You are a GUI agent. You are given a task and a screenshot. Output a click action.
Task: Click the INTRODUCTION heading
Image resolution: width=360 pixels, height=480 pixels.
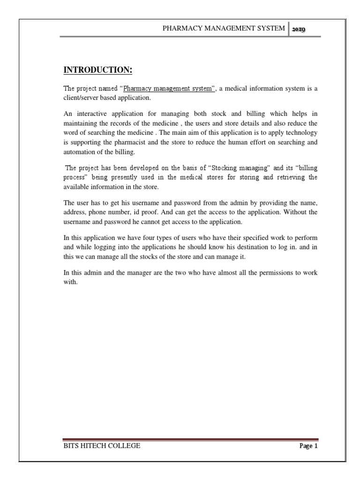click(97, 70)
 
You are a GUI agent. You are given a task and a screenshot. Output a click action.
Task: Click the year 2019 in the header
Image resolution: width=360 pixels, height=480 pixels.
click(299, 29)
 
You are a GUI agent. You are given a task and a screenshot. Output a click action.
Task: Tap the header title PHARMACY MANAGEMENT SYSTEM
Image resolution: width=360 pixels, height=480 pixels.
click(223, 28)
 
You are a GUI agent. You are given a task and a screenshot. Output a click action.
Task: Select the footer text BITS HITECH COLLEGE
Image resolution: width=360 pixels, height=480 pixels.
click(102, 446)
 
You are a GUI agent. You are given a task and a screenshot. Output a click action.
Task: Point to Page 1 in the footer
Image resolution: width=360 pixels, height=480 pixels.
click(308, 446)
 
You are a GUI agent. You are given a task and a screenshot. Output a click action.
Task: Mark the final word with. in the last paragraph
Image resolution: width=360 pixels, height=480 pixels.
click(69, 282)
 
